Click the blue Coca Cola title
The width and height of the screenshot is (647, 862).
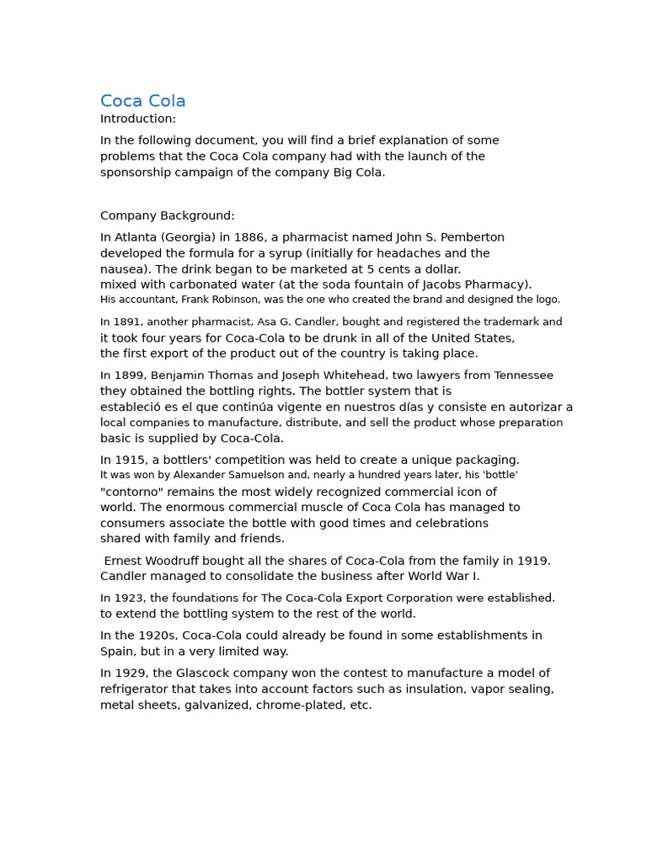coord(142,101)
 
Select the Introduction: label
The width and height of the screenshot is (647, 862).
coord(138,119)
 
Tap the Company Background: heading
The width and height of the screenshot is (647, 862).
coord(168,215)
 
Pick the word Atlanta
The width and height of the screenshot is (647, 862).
coord(135,237)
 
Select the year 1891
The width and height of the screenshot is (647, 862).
coord(126,322)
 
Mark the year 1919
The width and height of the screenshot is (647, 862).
coord(533,561)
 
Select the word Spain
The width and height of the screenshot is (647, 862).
coord(119,652)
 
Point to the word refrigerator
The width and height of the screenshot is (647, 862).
coord(136,689)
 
